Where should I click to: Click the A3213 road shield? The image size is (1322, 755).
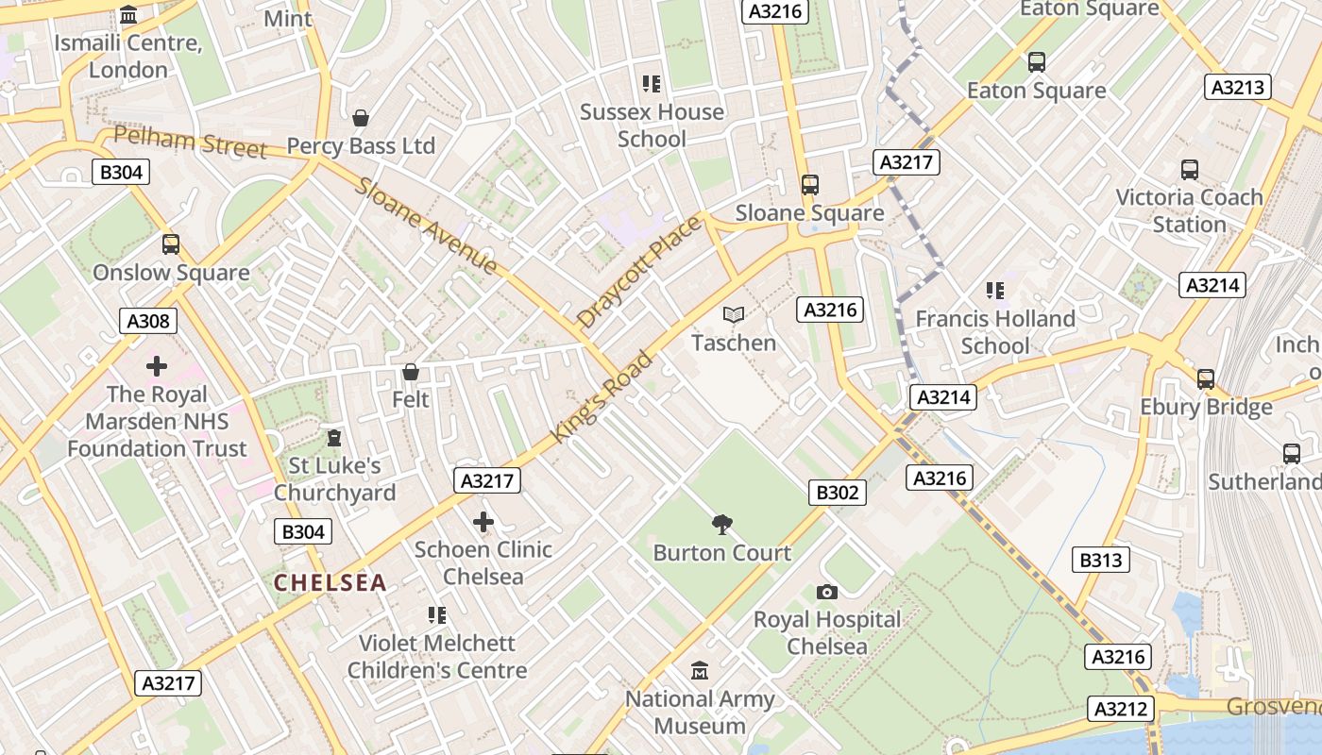[x=1238, y=88]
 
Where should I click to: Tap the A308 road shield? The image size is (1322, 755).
[x=149, y=321]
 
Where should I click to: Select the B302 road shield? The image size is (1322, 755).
[x=838, y=492]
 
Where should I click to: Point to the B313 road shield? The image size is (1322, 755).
[x=1101, y=560]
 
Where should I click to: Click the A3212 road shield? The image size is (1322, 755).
[x=1121, y=709]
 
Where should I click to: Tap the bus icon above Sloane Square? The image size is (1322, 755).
[x=809, y=185]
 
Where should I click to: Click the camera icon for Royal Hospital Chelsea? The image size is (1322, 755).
[x=827, y=592]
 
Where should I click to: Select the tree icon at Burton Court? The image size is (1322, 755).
[x=722, y=524]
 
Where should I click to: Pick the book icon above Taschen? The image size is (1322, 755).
[x=734, y=314]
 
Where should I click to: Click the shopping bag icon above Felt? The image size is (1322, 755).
[x=410, y=372]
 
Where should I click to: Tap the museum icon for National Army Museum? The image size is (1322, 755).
[x=700, y=671]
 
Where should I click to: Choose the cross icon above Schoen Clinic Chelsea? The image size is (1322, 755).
[x=483, y=522]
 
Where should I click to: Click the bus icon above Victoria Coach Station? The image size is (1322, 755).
[x=1189, y=170]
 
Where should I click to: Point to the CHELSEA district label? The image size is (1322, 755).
[x=330, y=583]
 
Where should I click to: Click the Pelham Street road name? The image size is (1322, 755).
[x=190, y=142]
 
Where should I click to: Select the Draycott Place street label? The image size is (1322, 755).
[x=639, y=272]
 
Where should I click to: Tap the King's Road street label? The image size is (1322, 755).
[x=602, y=397]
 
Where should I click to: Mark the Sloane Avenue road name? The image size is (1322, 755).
[x=426, y=226]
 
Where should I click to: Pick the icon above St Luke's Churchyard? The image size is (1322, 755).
[x=333, y=438]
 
